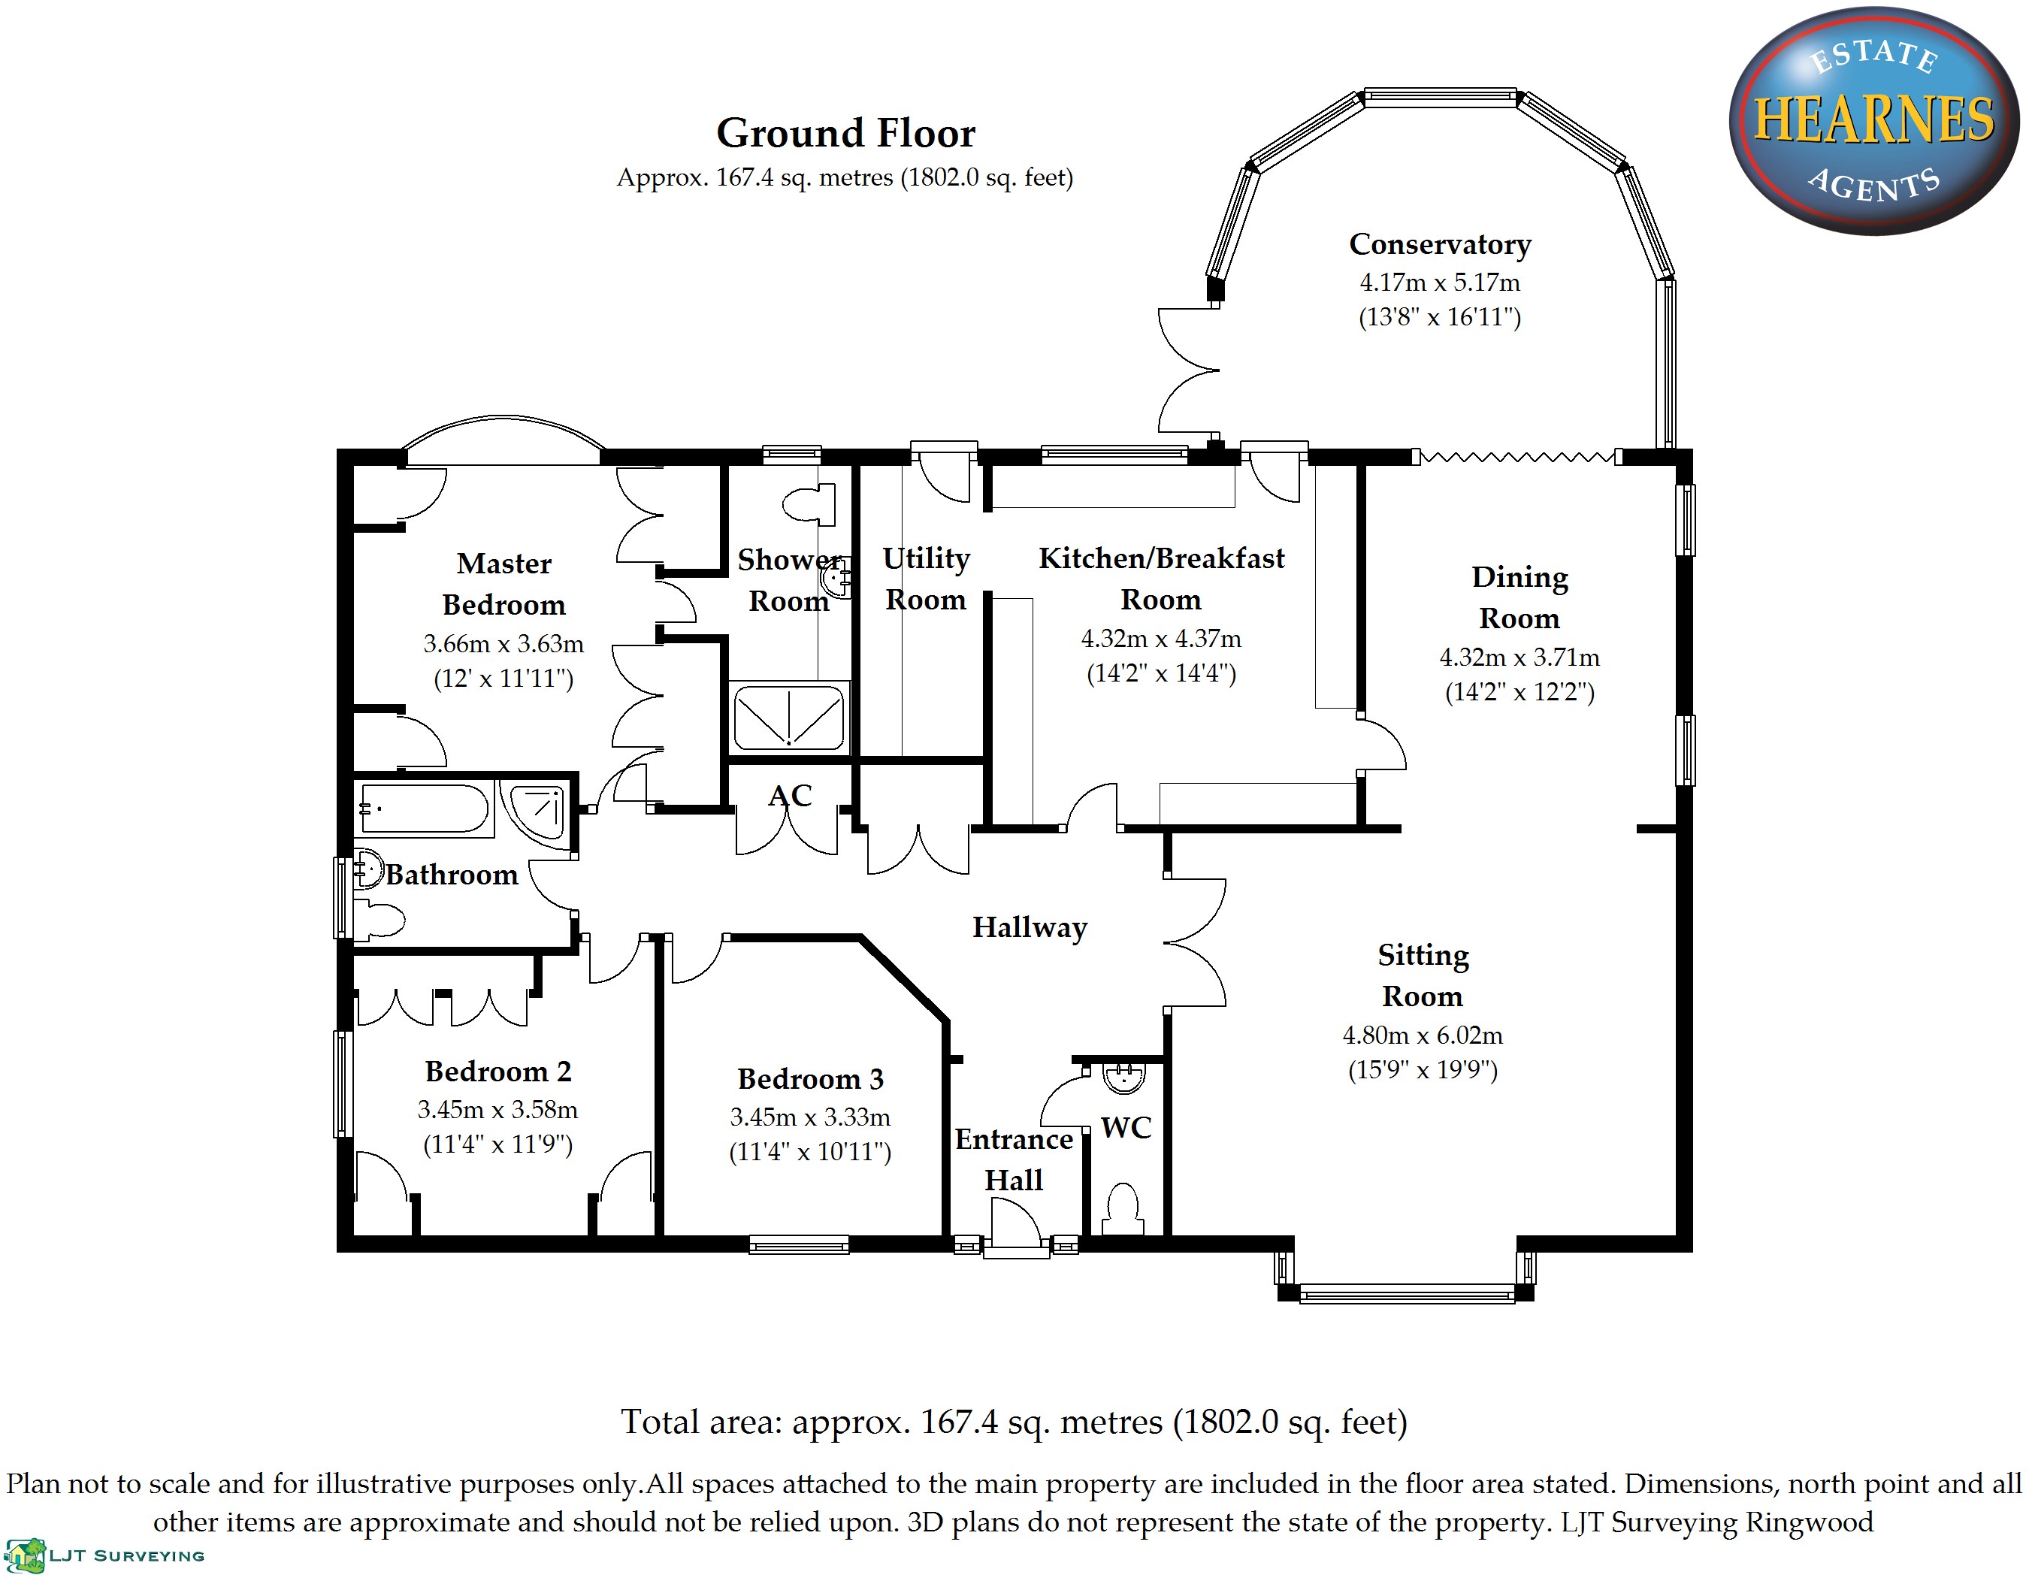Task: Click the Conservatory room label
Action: coord(1439,244)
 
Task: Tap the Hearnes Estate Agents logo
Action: coord(1873,121)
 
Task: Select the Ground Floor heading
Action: coord(845,134)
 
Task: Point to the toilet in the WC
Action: coord(1123,1208)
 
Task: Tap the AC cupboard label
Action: coord(790,796)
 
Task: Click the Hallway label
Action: coord(1030,927)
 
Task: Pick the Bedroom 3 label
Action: coord(810,1078)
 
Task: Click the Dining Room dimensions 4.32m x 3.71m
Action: coord(1519,657)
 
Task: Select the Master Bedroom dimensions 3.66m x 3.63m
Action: coord(503,644)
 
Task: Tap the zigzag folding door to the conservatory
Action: coord(1517,457)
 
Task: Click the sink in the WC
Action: coord(1124,1078)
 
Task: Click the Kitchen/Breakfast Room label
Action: coord(1161,579)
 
